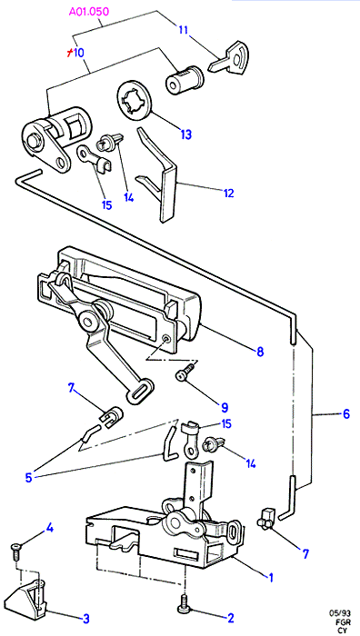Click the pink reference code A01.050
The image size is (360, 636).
(89, 12)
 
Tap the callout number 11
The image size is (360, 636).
(184, 29)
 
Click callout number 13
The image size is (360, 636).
(185, 134)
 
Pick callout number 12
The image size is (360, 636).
(228, 193)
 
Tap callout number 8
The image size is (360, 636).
(260, 352)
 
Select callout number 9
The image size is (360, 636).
(225, 407)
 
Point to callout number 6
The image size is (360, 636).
(345, 414)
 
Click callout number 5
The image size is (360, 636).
(28, 477)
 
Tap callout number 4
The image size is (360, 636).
(49, 528)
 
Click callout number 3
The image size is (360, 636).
(85, 618)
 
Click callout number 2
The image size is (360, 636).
(231, 618)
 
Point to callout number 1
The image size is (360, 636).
(270, 576)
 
